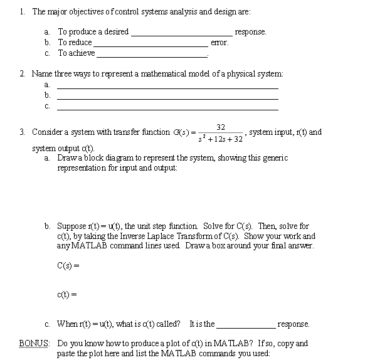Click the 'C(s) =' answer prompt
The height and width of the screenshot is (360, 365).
click(x=68, y=265)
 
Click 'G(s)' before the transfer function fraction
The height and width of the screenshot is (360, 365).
click(x=180, y=132)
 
